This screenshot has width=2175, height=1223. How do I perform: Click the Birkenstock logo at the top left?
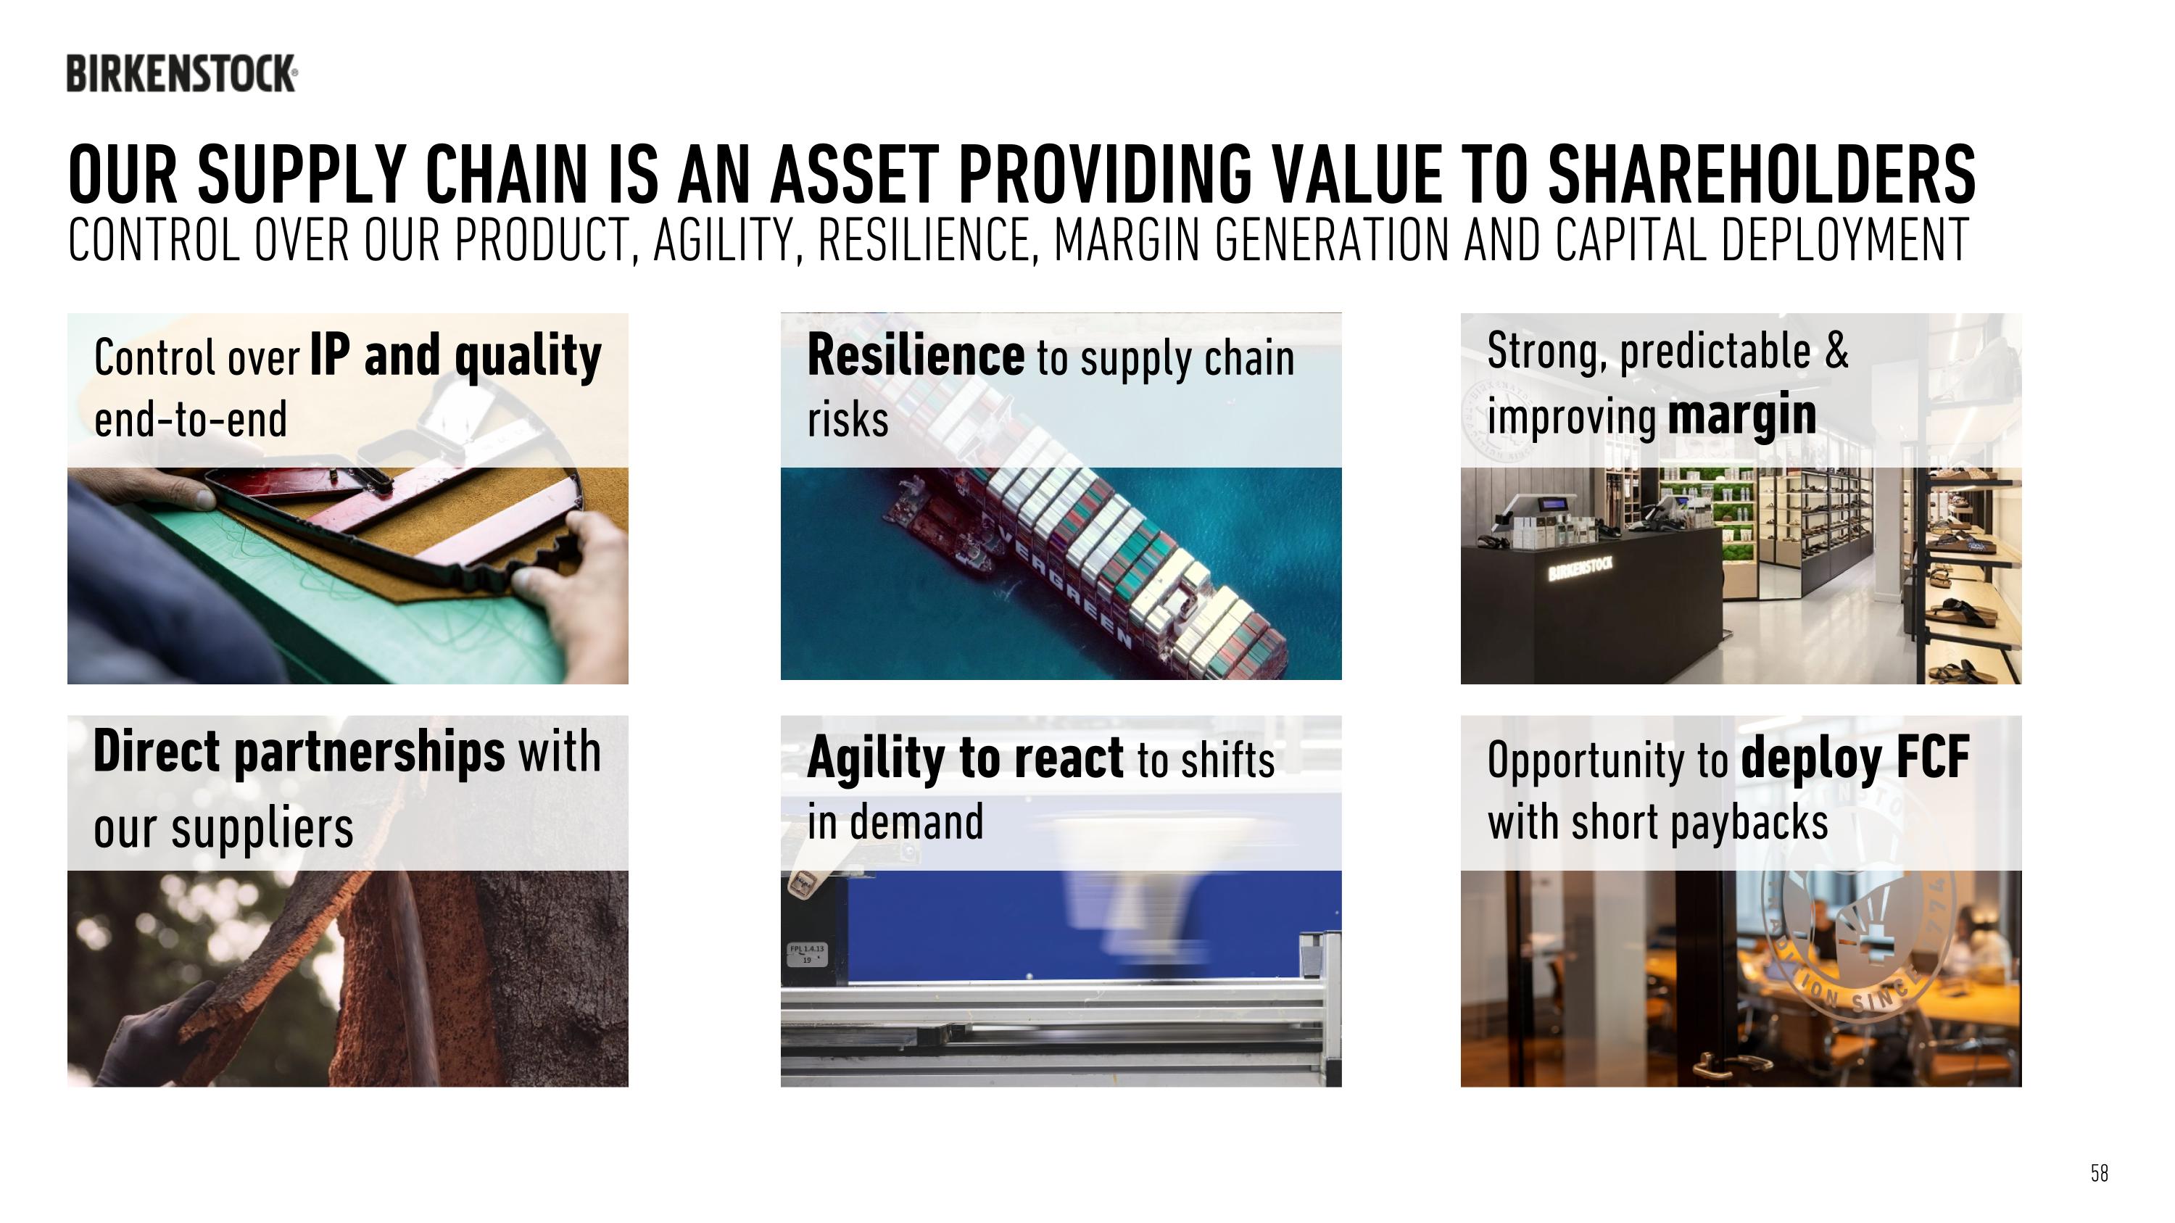pyautogui.click(x=181, y=73)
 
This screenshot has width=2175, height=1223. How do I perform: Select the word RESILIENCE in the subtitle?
pyautogui.click(x=925, y=241)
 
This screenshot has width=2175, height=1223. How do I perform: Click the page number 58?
pyautogui.click(x=2099, y=1172)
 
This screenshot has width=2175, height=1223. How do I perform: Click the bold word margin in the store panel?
pyautogui.click(x=1742, y=415)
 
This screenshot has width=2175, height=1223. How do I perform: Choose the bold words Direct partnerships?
pyautogui.click(x=299, y=751)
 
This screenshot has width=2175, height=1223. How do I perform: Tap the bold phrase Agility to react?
pyautogui.click(x=965, y=757)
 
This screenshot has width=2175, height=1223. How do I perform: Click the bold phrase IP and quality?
pyautogui.click(x=455, y=355)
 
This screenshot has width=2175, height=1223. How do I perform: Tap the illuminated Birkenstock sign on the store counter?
pyautogui.click(x=1580, y=569)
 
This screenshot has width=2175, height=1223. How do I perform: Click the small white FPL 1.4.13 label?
pyautogui.click(x=807, y=954)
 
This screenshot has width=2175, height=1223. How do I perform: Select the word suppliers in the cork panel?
pyautogui.click(x=262, y=829)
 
